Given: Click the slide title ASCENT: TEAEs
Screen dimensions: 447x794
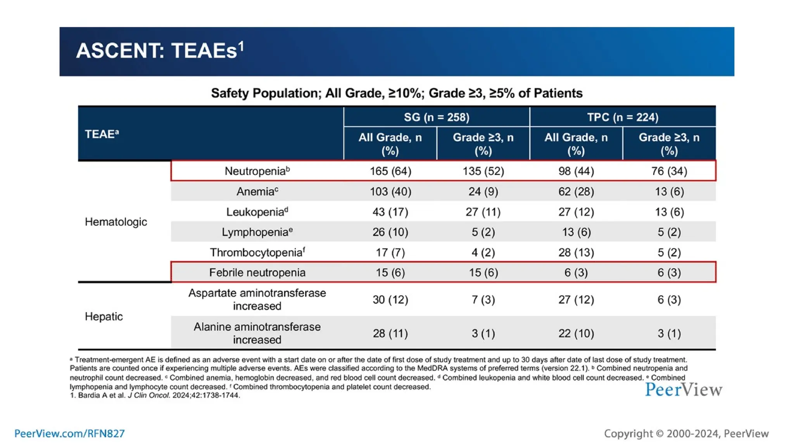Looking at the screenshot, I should pyautogui.click(x=160, y=51).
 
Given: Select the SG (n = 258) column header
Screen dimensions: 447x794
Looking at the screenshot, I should pyautogui.click(x=436, y=117).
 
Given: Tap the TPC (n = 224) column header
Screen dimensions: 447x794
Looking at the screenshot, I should pyautogui.click(x=622, y=117).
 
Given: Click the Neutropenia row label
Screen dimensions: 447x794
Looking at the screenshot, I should pyautogui.click(x=257, y=171).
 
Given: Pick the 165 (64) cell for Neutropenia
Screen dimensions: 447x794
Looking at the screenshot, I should pyautogui.click(x=390, y=171).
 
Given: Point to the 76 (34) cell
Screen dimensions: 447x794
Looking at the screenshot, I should pyautogui.click(x=669, y=171).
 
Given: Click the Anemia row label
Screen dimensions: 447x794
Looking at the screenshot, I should pyautogui.click(x=257, y=192).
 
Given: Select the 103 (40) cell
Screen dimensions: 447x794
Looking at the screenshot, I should pyautogui.click(x=390, y=192).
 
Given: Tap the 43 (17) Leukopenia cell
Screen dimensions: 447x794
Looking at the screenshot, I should pyautogui.click(x=390, y=212).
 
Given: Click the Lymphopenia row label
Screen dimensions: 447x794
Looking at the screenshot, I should pyautogui.click(x=257, y=232).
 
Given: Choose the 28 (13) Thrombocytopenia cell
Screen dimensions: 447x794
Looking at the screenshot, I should pyautogui.click(x=576, y=253).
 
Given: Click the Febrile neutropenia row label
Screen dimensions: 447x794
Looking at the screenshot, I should pyautogui.click(x=257, y=272).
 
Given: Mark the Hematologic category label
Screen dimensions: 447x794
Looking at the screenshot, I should pyautogui.click(x=116, y=222).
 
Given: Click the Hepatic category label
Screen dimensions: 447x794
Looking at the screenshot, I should pyautogui.click(x=104, y=317).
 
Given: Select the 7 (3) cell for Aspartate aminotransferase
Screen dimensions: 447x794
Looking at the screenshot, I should pyautogui.click(x=483, y=300).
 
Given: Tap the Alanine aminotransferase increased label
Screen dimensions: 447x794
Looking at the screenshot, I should pyautogui.click(x=257, y=333).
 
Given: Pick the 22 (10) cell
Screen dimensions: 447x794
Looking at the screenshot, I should pyautogui.click(x=576, y=333).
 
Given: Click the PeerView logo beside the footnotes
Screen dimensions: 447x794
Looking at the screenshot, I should pyautogui.click(x=683, y=390).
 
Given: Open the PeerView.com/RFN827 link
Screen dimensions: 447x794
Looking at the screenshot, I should pyautogui.click(x=69, y=433).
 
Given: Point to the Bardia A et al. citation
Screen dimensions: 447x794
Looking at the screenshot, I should pyautogui.click(x=155, y=395).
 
